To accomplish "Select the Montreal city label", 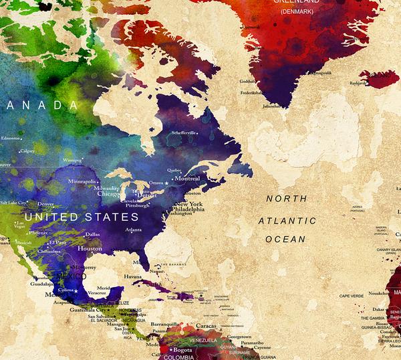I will (186, 179).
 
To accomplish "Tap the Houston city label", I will (90, 248).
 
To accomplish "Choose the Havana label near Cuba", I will (133, 276).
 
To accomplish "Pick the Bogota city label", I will (182, 350).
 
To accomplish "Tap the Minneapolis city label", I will (82, 181).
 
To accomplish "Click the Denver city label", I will (46, 203).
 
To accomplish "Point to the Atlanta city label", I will (134, 230).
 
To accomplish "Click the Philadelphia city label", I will (188, 209).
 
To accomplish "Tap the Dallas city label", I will (92, 234).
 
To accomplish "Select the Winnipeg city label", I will (72, 161).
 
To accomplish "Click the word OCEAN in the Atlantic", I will (285, 239).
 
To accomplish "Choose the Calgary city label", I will (27, 151).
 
